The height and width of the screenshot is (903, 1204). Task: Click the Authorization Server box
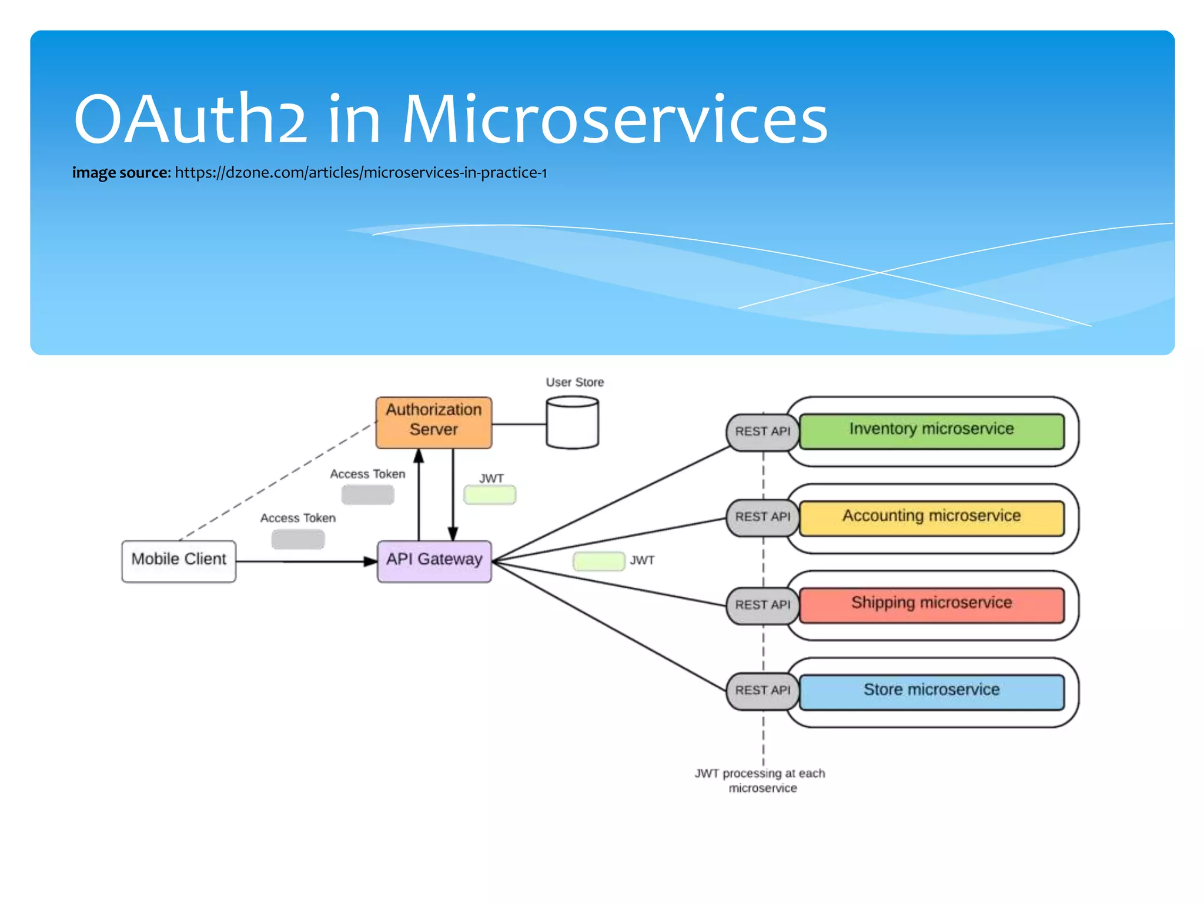coord(434,423)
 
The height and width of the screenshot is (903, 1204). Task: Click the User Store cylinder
coord(572,423)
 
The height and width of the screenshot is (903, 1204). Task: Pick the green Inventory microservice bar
coord(931,432)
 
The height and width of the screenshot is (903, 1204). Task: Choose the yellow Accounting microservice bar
coord(931,518)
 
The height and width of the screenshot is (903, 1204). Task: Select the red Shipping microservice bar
coord(931,605)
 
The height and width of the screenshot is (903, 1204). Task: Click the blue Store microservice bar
coord(931,692)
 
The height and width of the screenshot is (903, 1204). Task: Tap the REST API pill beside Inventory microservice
coord(762,432)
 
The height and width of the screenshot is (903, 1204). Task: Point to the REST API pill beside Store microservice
coord(762,691)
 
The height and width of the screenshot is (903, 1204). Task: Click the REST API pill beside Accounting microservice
coord(762,517)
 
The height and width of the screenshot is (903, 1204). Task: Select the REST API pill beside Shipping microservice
coord(762,605)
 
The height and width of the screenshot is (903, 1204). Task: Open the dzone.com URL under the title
coord(360,173)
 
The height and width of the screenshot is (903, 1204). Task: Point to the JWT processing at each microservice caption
coord(760,781)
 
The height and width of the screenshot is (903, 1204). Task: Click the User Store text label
coord(574,383)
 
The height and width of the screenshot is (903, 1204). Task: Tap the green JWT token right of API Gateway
coord(598,561)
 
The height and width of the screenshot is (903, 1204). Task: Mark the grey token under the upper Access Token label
coord(367,495)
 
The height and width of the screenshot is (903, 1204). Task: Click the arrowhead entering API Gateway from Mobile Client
coord(370,562)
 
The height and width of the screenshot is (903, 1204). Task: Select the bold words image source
coord(121,173)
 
